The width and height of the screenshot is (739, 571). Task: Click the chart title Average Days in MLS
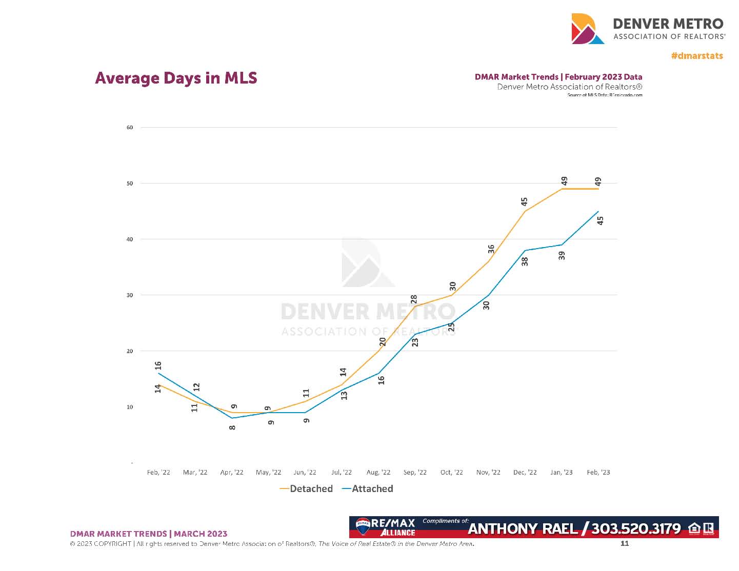(176, 78)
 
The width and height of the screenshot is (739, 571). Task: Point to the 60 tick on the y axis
(130, 128)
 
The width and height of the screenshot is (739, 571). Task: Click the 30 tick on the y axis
(130, 295)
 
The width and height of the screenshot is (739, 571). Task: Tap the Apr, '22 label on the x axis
(232, 472)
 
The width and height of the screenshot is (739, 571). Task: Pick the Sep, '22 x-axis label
(415, 472)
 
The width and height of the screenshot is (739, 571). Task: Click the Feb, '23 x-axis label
(598, 472)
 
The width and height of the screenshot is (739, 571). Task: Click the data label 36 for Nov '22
(491, 249)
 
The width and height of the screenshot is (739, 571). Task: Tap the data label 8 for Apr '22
(232, 427)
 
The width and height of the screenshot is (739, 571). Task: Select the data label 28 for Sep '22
(414, 299)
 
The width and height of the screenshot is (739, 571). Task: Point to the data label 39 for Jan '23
(562, 255)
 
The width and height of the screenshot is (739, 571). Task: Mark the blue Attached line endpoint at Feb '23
(598, 211)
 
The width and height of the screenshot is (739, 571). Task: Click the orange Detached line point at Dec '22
(525, 211)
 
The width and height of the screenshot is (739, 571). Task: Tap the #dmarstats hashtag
(697, 56)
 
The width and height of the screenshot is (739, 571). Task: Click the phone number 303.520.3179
(636, 528)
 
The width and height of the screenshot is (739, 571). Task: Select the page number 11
(625, 543)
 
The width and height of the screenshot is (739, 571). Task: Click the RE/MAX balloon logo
(363, 526)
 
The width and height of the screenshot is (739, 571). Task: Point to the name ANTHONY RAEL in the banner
(523, 528)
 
